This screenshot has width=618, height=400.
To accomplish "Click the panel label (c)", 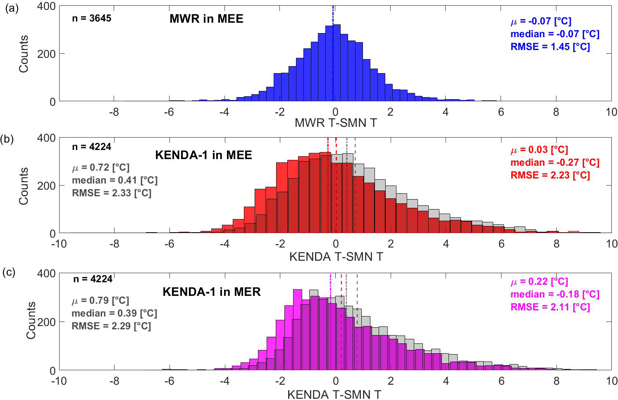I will pos(9,272).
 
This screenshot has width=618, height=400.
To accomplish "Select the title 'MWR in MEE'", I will pos(206,19).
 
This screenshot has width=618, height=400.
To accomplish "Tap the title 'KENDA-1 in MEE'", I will pos(203,155).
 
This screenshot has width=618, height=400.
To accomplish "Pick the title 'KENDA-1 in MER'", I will pos(212,292).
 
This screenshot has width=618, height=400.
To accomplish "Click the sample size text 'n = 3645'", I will pos(91,18).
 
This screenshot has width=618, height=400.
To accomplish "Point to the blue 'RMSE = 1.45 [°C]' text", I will pos(550,47).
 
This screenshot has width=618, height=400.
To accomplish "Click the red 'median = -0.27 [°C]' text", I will pos(555,162).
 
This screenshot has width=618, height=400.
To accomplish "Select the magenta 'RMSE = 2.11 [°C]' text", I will pos(550,307).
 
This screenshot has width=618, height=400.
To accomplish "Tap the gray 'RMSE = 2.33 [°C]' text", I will pos(112,193).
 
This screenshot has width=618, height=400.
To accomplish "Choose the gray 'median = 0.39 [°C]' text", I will pos(115,313).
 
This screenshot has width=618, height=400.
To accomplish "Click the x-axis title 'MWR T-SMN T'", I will pos(336,123).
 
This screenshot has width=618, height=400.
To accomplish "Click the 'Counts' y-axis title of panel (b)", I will pos(24,186).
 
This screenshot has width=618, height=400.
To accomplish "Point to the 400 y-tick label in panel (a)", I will pos(46,6).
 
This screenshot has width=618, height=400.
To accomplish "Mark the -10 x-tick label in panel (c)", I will pos(59,381).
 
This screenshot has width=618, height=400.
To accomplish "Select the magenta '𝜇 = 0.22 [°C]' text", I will pos(539,282).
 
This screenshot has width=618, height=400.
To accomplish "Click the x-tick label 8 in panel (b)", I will pos(556,244).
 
